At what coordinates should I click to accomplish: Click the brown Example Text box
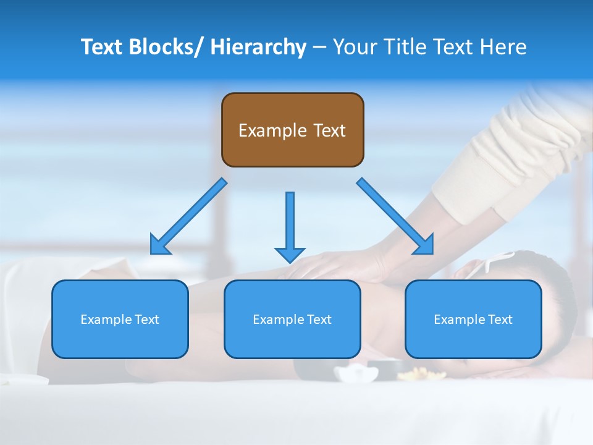coord(292,130)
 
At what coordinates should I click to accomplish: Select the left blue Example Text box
coord(120,319)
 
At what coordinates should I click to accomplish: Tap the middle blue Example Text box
coord(292,319)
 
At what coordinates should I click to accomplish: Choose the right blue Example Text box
coord(473,319)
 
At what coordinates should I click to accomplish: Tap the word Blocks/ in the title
coord(167,47)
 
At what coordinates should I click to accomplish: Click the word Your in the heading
coord(355,47)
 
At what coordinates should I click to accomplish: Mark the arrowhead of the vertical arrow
coord(290,254)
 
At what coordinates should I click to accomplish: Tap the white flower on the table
coord(356,373)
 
